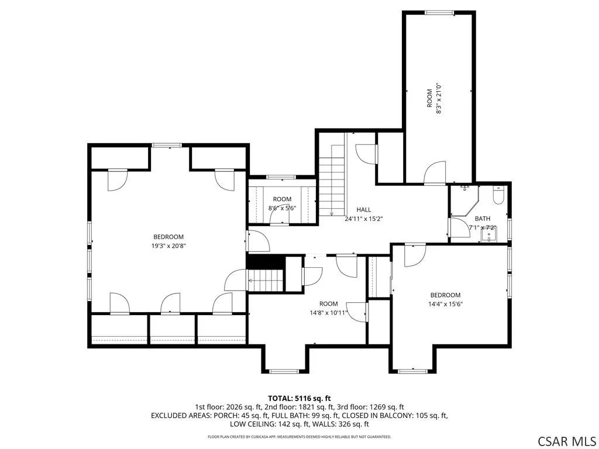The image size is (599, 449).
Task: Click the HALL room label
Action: coord(364,210)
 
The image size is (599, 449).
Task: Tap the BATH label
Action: coord(483,219)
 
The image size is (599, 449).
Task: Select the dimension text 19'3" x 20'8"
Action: coord(168,246)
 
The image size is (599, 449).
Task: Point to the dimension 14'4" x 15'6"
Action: coord(445,304)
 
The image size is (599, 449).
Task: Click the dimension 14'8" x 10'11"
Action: coord(329,313)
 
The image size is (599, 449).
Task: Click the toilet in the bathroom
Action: coord(498,195)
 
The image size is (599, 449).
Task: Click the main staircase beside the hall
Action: coord(332,180)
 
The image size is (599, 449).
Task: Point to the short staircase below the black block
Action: coord(266,280)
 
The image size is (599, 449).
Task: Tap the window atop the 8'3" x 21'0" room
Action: coord(439,13)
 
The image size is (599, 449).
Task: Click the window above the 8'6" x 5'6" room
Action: coord(281,177)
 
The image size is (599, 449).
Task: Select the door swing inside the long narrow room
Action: coord(435,173)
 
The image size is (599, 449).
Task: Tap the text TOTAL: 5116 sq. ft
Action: coord(299,399)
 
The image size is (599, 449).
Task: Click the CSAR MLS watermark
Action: coord(566,441)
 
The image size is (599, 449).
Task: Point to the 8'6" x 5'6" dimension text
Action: coord(283,208)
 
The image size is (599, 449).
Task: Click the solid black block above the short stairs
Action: coord(266,262)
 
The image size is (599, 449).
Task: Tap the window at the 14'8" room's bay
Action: coord(284,371)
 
